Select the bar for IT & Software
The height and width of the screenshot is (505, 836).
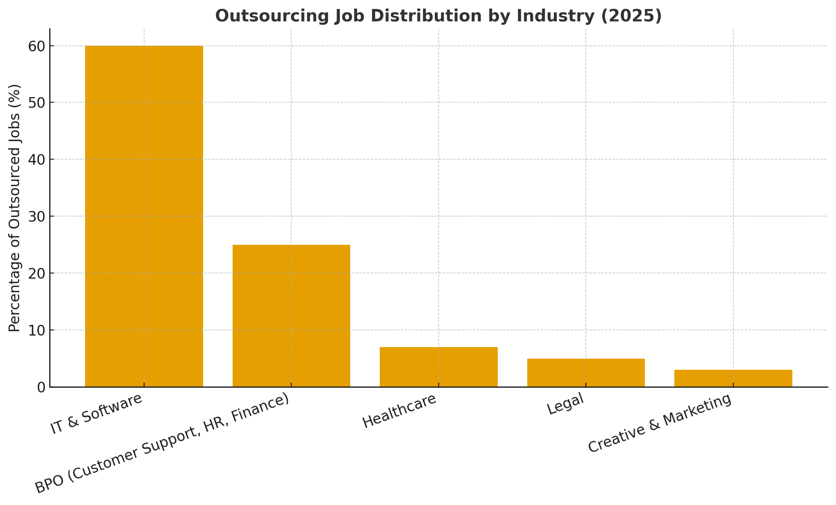click(x=144, y=216)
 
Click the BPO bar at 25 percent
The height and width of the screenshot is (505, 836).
click(x=291, y=316)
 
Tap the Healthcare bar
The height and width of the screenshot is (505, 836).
click(x=438, y=367)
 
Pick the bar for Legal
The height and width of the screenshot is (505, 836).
click(x=586, y=372)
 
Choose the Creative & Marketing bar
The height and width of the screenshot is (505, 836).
click(x=733, y=378)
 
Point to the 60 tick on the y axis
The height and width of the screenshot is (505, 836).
click(x=36, y=46)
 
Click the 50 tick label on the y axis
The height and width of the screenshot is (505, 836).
click(x=36, y=103)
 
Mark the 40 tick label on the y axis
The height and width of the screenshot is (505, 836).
click(x=36, y=160)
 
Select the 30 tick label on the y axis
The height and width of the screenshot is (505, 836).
click(x=36, y=217)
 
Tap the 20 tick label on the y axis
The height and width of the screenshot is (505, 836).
click(x=36, y=273)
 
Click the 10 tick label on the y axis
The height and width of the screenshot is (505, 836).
click(x=36, y=330)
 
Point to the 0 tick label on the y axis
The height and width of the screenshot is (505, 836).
click(x=41, y=387)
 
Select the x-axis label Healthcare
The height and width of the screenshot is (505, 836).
click(x=399, y=410)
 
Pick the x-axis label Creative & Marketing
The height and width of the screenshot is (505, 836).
click(x=659, y=423)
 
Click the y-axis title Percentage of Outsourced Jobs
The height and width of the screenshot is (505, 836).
click(x=15, y=208)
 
